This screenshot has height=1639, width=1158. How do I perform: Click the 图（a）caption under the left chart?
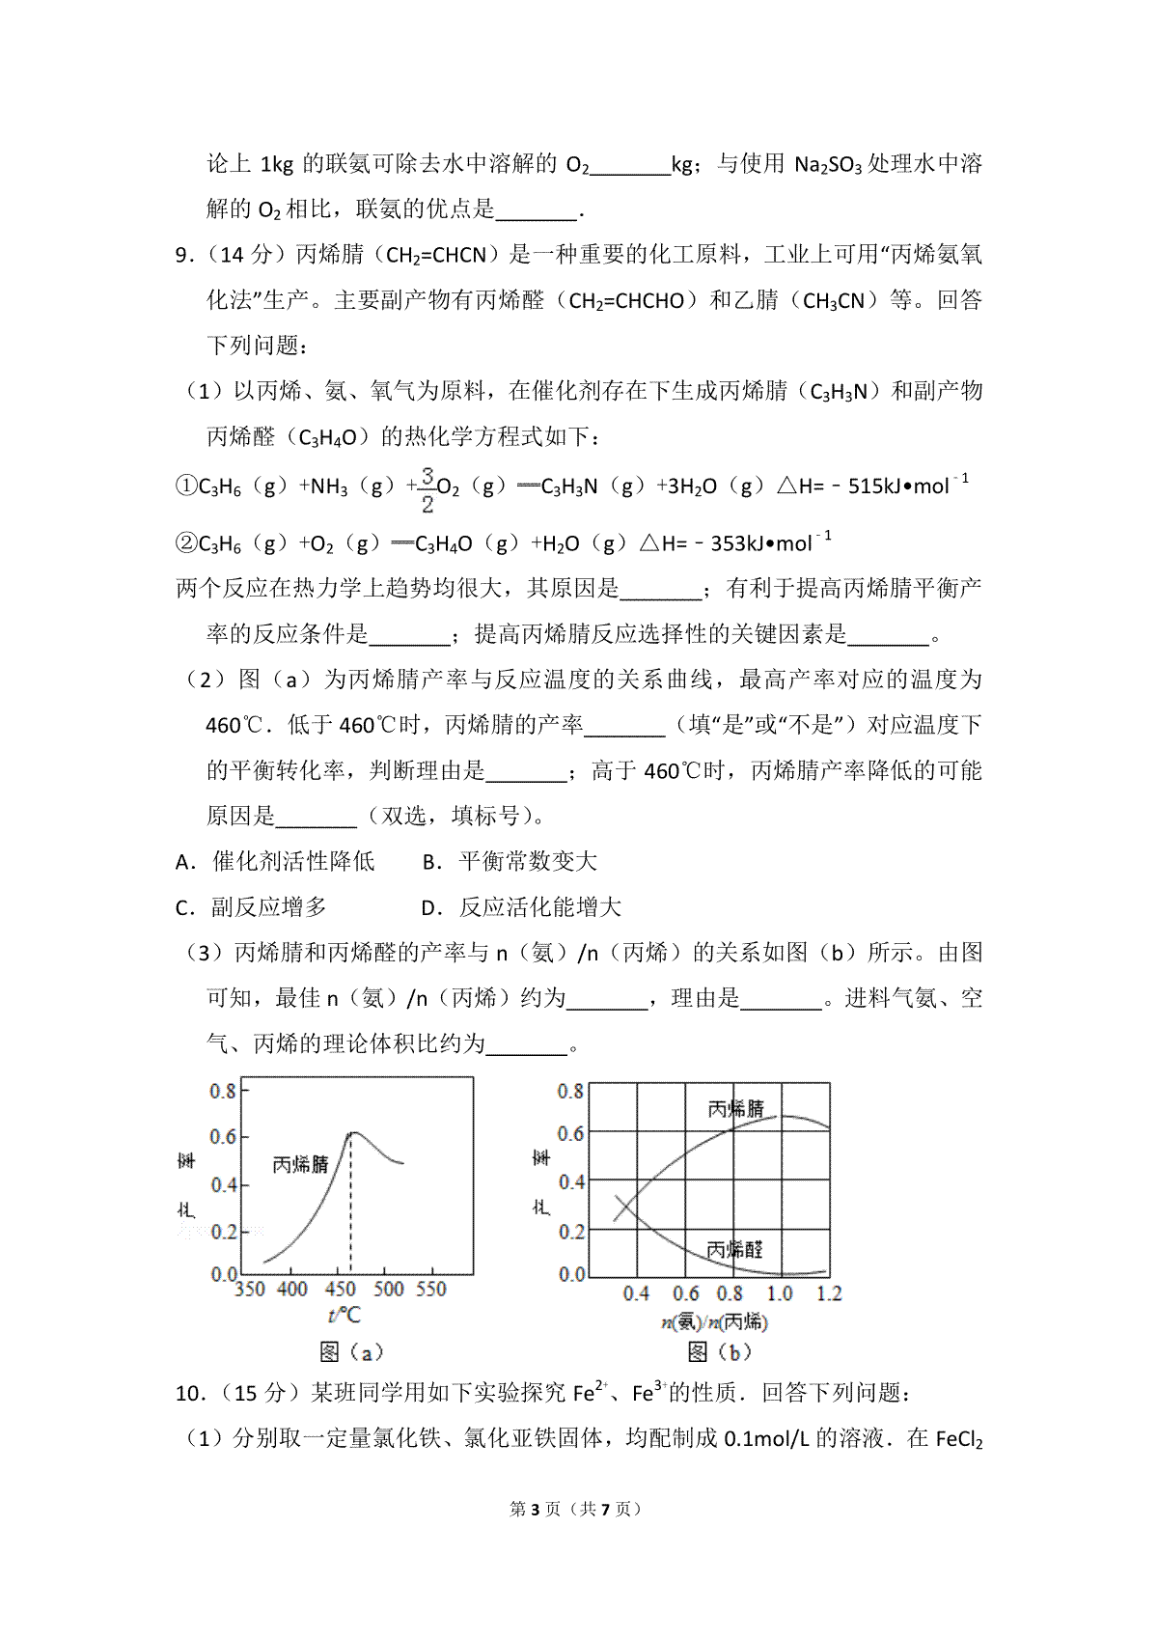pyautogui.click(x=351, y=1352)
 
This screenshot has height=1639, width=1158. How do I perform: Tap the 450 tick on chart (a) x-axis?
pyautogui.click(x=341, y=1290)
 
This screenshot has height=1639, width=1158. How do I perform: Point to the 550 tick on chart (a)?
pyautogui.click(x=430, y=1290)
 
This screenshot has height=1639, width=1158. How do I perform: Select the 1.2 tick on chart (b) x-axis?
pyautogui.click(x=829, y=1294)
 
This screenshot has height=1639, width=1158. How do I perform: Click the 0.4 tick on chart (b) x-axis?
pyautogui.click(x=636, y=1294)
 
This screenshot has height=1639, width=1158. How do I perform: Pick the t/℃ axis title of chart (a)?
pyautogui.click(x=344, y=1316)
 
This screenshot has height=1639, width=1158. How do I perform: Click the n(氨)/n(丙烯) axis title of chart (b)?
pyautogui.click(x=715, y=1321)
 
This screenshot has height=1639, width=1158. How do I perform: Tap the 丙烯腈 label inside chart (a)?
pyautogui.click(x=300, y=1165)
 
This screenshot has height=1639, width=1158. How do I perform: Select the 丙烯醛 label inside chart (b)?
pyautogui.click(x=734, y=1250)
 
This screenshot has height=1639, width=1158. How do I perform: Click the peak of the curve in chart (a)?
pyautogui.click(x=352, y=1132)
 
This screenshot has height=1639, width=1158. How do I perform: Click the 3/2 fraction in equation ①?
pyautogui.click(x=427, y=489)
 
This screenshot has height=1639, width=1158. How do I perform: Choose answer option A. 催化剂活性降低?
pyautogui.click(x=276, y=862)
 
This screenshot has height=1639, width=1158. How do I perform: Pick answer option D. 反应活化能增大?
pyautogui.click(x=522, y=907)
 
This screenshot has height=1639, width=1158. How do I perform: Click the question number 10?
pyautogui.click(x=190, y=1394)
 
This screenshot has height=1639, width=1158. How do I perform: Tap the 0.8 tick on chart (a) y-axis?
pyautogui.click(x=223, y=1091)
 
